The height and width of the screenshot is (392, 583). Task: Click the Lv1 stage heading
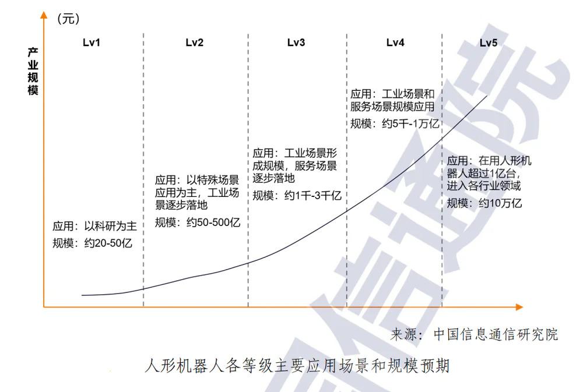[x=92, y=43]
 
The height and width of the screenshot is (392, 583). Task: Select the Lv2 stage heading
[x=195, y=43]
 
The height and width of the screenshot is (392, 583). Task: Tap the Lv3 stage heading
[x=296, y=43]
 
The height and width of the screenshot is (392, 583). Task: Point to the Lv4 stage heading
[x=395, y=43]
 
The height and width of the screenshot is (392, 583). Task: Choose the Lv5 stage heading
[x=488, y=43]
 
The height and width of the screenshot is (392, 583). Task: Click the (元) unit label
[x=68, y=19]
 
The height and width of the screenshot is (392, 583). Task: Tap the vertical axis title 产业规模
[x=33, y=71]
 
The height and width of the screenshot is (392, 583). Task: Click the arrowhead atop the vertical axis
[x=44, y=15]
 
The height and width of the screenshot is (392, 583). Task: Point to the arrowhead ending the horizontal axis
[x=519, y=307]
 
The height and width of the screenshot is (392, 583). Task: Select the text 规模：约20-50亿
[x=92, y=243]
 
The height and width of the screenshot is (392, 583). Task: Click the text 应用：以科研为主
[x=94, y=226]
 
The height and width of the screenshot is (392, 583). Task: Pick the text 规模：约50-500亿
[x=198, y=223]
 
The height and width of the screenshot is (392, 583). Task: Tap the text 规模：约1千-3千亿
[x=297, y=196]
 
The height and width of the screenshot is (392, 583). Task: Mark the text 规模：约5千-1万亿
[x=395, y=123]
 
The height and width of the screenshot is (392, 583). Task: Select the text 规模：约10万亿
[x=484, y=203]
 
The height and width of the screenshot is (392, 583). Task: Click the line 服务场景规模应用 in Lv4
[x=392, y=107]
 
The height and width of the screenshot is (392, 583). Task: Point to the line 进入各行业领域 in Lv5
[x=483, y=185]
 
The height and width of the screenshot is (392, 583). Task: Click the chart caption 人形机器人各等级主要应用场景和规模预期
[x=297, y=366]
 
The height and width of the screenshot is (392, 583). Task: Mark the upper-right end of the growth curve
[x=487, y=96]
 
